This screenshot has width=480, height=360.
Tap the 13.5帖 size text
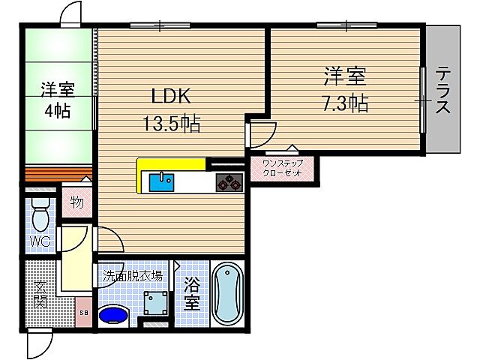(172, 124)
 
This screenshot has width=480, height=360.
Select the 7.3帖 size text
(346, 102)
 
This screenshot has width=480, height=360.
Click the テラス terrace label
(444, 91)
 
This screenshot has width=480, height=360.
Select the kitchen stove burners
(229, 182)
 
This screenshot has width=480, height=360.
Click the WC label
(40, 241)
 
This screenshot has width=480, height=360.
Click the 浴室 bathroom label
(193, 293)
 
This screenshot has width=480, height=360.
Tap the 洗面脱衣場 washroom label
(133, 275)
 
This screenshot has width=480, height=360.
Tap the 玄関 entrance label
(40, 293)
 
